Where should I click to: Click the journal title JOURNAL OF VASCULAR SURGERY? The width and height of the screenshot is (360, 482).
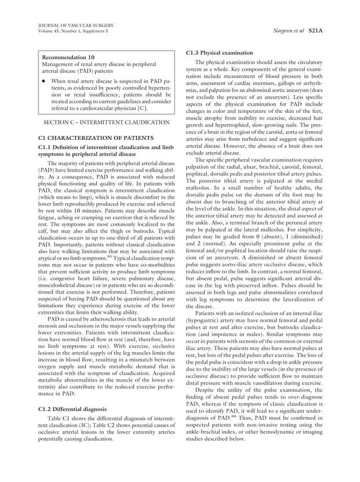click(75, 25)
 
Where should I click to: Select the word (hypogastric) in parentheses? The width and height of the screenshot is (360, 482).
click(205, 320)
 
